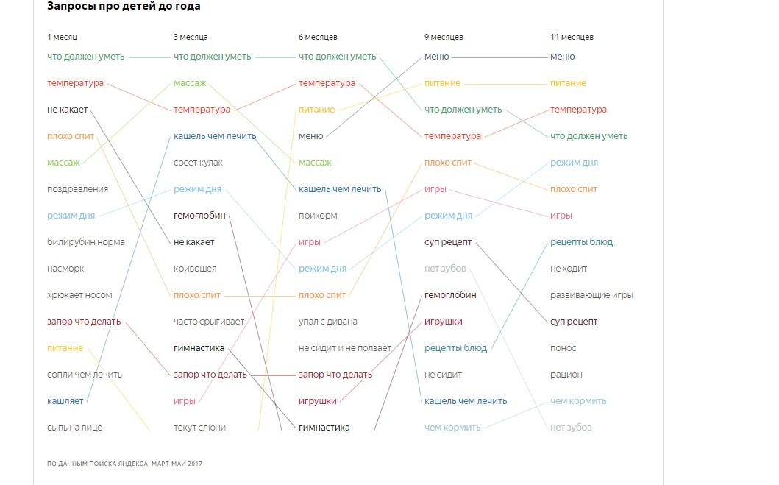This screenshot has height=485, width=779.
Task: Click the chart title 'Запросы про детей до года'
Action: coord(124,7)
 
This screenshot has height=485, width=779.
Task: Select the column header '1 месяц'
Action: coord(62,37)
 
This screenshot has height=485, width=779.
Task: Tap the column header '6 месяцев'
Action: coord(318,37)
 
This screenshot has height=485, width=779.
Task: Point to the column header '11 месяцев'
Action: coord(572,37)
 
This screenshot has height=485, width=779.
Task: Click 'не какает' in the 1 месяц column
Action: coord(67,110)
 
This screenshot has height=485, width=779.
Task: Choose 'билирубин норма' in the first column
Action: coord(86,242)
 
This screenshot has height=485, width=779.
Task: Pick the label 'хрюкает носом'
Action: coord(79,295)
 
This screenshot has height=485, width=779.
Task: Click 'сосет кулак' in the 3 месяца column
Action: coord(198,163)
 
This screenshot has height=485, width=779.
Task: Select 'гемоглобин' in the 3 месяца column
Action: coord(199,216)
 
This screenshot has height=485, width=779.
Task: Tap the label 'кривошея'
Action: coord(195,269)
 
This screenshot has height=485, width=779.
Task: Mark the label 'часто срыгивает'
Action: coord(209,322)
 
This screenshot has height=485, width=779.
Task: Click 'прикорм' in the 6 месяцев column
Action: coord(318,216)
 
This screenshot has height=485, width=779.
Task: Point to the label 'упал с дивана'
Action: coord(328,322)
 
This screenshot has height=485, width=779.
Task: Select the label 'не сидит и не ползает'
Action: coord(345,348)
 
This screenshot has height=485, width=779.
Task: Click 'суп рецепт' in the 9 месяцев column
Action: coord(448,242)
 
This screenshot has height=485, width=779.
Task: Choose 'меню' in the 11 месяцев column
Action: coord(563,57)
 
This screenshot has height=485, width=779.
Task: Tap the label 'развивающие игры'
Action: coord(591,295)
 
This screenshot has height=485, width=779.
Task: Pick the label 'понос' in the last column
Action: coord(563,348)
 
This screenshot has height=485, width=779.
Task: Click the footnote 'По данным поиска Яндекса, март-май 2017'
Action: coord(124,464)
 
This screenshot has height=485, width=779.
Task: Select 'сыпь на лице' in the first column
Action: coord(74,428)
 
